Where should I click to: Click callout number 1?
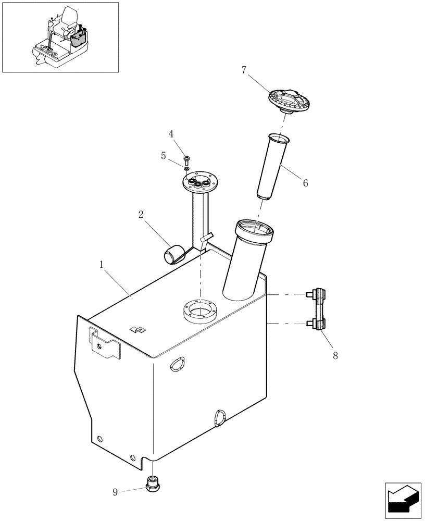tap(103, 265)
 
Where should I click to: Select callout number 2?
tap(141, 215)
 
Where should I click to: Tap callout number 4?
tap(171, 134)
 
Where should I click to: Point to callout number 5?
tap(163, 155)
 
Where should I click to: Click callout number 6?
tap(305, 183)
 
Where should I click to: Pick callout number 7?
tap(244, 70)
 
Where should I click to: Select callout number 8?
tap(335, 355)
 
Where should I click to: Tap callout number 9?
tap(116, 491)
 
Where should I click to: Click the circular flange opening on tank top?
tap(198, 313)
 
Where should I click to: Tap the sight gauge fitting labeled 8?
tap(317, 309)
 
